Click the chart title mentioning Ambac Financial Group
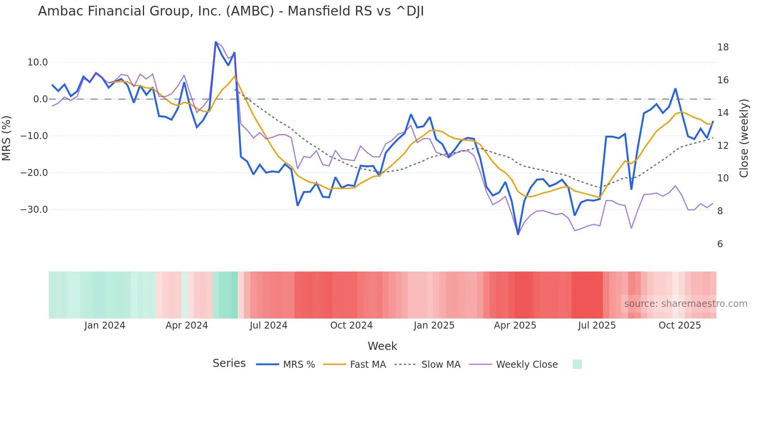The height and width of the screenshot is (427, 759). [231, 11]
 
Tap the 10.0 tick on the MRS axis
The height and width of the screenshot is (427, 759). [38, 62]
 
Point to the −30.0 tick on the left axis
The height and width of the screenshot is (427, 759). [34, 210]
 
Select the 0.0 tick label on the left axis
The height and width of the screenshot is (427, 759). [41, 99]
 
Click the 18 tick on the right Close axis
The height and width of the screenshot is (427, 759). [723, 47]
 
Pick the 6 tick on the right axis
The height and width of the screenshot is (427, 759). [720, 244]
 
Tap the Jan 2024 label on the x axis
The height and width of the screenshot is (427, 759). [105, 325]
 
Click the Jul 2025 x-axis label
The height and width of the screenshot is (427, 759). [597, 325]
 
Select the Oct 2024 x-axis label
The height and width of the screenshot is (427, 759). [351, 325]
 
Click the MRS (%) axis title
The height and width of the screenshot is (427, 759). [7, 138]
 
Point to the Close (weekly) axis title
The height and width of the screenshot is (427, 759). [744, 138]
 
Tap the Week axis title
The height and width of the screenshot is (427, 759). [382, 346]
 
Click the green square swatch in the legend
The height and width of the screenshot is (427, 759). [577, 364]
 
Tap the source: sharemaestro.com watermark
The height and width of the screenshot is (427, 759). [685, 304]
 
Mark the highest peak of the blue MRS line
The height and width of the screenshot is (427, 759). [216, 42]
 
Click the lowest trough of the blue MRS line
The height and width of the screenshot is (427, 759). [518, 234]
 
